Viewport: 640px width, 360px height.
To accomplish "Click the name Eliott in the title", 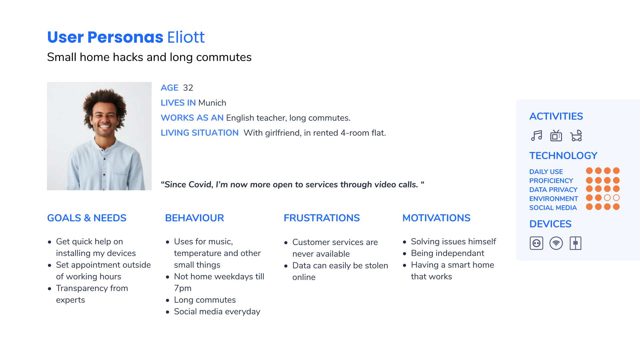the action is (x=186, y=37).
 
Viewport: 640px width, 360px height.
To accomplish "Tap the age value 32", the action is (x=188, y=88).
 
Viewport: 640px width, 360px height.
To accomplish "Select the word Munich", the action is (x=212, y=103).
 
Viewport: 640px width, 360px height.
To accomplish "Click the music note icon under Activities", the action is (x=536, y=136).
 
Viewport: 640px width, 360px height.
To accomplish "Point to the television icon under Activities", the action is (x=556, y=136).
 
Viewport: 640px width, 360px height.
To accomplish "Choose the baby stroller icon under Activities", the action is (x=576, y=136).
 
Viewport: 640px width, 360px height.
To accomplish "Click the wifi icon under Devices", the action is (x=556, y=243).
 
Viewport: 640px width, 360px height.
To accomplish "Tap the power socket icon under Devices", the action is (x=536, y=243).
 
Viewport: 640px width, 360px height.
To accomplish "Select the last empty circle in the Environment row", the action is (x=616, y=198).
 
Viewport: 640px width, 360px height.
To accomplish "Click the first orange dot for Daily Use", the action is (x=589, y=171).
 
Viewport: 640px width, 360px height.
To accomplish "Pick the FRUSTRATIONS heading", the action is (x=322, y=218).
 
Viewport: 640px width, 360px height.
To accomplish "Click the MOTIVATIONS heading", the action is (x=436, y=218).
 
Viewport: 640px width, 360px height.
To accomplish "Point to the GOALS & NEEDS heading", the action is (x=87, y=218).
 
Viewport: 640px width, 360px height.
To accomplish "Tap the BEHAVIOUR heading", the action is (x=194, y=218).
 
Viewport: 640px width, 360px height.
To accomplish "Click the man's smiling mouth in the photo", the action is (x=105, y=127).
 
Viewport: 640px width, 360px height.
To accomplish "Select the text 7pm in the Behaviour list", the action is (x=183, y=288).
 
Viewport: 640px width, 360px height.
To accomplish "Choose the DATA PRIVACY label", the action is (x=553, y=190).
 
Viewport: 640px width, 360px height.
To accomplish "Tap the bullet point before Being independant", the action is (x=404, y=254).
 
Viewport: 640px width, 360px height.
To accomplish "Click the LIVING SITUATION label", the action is (x=200, y=133).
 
